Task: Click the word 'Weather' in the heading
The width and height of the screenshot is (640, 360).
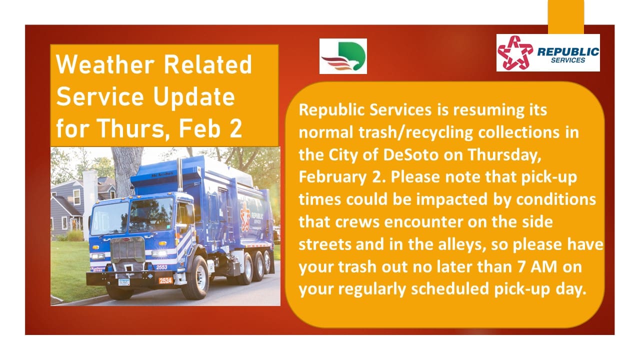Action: pyautogui.click(x=105, y=64)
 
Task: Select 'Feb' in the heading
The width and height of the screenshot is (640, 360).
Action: pyautogui.click(x=200, y=128)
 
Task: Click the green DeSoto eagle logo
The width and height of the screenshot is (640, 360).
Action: pyautogui.click(x=343, y=56)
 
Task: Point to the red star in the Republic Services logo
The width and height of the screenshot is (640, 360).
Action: pyautogui.click(x=515, y=52)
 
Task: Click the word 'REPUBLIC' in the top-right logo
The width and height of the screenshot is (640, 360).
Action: pyautogui.click(x=568, y=51)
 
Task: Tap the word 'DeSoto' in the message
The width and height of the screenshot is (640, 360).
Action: pyautogui.click(x=410, y=155)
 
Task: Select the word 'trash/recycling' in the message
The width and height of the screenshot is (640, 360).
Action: pyautogui.click(x=415, y=133)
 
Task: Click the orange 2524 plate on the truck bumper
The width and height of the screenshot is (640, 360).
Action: pyautogui.click(x=165, y=280)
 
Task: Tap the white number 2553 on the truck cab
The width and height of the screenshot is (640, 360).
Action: pyautogui.click(x=161, y=267)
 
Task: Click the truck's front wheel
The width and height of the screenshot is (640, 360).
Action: pyautogui.click(x=197, y=277)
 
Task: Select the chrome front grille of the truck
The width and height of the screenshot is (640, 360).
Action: pyautogui.click(x=127, y=249)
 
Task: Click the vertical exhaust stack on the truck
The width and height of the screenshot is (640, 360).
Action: pyautogui.click(x=179, y=175)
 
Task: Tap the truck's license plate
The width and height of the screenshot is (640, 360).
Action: pyautogui.click(x=124, y=282)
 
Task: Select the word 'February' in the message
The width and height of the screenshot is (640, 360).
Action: pyautogui.click(x=332, y=177)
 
